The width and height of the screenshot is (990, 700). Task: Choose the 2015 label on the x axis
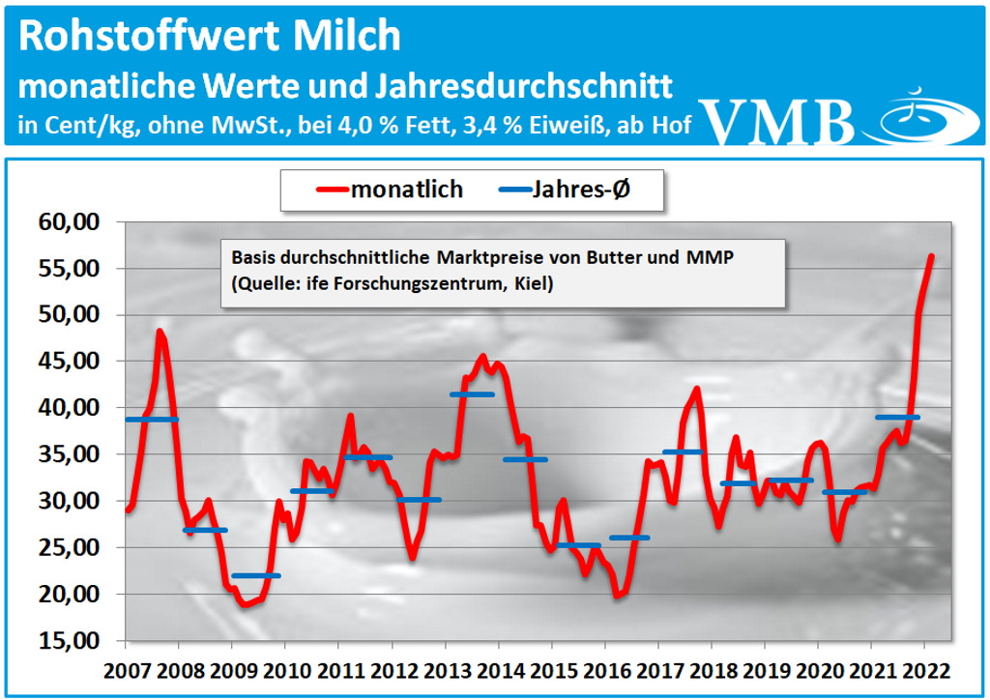coord(551,669)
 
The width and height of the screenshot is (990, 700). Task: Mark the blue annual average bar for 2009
coord(256,575)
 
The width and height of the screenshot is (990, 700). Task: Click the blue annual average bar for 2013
coord(472,394)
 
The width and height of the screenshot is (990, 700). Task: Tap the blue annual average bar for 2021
coord(897,417)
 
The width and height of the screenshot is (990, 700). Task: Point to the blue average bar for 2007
coord(153,420)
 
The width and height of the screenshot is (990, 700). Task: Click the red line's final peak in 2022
coord(931,256)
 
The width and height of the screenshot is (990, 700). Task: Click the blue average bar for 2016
coord(629,538)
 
